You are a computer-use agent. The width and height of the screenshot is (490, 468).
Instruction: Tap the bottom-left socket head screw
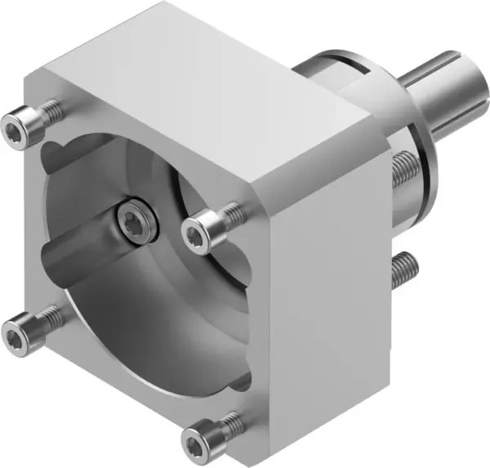pos(16,332)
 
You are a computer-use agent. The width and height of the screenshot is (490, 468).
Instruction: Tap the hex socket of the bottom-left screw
pos(15,333)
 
